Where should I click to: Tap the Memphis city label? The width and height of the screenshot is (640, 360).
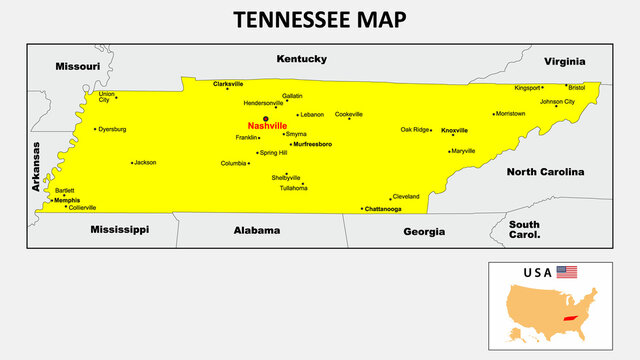pos(67,200)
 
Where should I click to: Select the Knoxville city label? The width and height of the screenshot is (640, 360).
pos(454,130)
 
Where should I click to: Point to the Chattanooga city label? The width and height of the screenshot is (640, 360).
pos(383,209)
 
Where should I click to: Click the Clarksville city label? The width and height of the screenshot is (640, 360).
pos(228,84)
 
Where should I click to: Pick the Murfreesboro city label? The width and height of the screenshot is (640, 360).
pos(312,144)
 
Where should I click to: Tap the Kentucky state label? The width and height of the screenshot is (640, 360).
pos(301,58)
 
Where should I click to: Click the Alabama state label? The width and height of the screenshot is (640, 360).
pos(257,230)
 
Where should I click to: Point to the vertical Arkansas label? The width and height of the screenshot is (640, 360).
pos(36,166)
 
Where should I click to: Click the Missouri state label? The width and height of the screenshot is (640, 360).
pos(77,66)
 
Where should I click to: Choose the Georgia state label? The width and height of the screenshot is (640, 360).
pos(424,231)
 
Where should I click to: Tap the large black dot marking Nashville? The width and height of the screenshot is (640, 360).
pos(266,117)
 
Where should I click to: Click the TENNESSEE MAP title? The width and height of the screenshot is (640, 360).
pos(319,20)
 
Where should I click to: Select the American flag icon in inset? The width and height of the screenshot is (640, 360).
pos(567,272)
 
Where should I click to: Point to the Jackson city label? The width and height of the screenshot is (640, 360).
pos(146,162)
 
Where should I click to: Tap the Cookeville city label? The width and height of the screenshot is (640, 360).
pos(349,114)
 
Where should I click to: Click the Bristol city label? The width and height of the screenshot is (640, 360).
pos(576,87)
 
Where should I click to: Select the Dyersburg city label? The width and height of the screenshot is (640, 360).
pos(112,129)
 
